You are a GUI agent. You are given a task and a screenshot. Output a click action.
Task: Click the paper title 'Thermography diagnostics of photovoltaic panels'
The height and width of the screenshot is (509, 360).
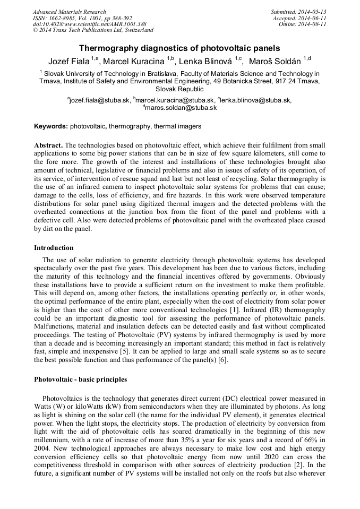click(x=179, y=48)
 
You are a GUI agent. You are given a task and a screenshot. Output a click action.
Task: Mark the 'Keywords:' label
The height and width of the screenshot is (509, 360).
click(x=51, y=126)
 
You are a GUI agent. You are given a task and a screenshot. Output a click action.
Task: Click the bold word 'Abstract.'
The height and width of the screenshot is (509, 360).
click(x=48, y=145)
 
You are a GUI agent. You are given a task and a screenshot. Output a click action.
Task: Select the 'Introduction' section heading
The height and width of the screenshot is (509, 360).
click(x=54, y=247)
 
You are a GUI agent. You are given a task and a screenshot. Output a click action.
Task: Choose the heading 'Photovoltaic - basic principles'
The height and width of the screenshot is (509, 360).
click(x=80, y=379)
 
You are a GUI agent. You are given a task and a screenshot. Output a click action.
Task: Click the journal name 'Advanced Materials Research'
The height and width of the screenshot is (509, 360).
click(x=69, y=12)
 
